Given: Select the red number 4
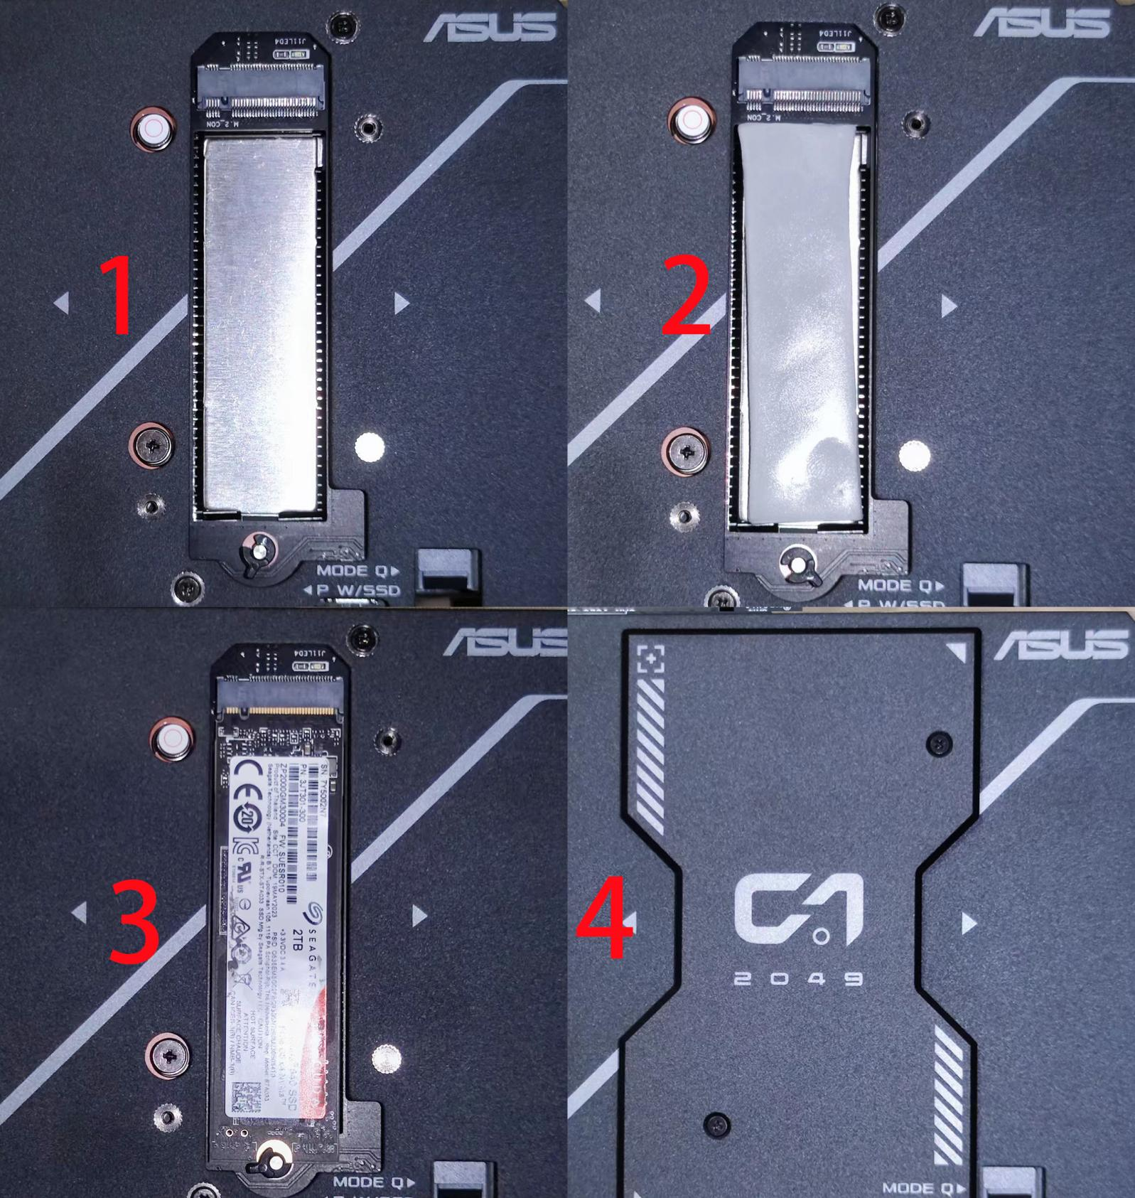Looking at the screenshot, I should click(x=604, y=917).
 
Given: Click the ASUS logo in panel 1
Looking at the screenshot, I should click(x=490, y=27).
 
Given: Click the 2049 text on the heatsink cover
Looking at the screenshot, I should click(x=798, y=979).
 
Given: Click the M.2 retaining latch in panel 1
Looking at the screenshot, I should click(x=257, y=552).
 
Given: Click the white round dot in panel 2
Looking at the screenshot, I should click(x=914, y=455).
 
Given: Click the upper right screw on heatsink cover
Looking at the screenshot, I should click(x=940, y=744).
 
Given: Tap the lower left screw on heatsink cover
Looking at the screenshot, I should click(x=716, y=1124).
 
